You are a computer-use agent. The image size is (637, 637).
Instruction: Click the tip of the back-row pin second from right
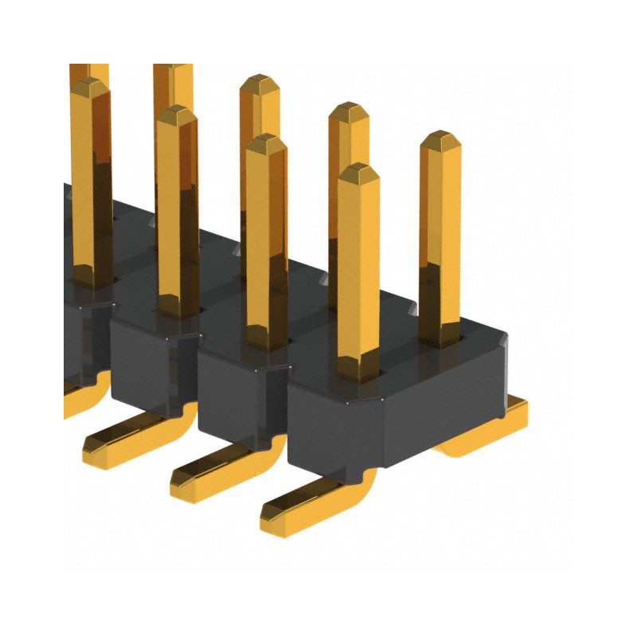click(x=348, y=108)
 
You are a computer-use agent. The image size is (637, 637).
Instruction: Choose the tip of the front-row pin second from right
click(x=266, y=141)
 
